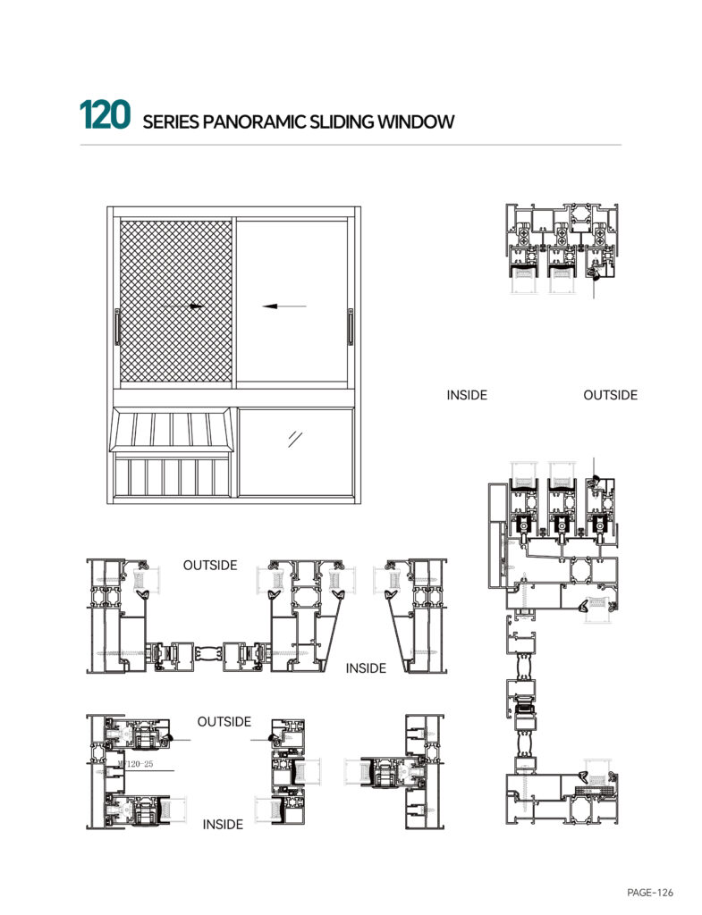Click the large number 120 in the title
point(105,114)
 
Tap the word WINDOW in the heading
point(416,122)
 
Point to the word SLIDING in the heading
point(342,122)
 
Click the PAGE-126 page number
point(650,893)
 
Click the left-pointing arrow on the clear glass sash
point(283,306)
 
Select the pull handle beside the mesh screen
point(117,327)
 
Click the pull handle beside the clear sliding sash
point(351,327)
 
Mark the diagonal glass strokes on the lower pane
point(295,439)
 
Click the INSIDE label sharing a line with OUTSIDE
point(467,395)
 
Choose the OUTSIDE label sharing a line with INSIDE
point(610,395)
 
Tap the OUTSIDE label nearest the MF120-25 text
point(224,722)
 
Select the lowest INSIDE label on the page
point(223,825)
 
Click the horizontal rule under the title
point(351,144)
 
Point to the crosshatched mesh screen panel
point(176,301)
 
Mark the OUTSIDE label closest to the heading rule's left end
point(210,566)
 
